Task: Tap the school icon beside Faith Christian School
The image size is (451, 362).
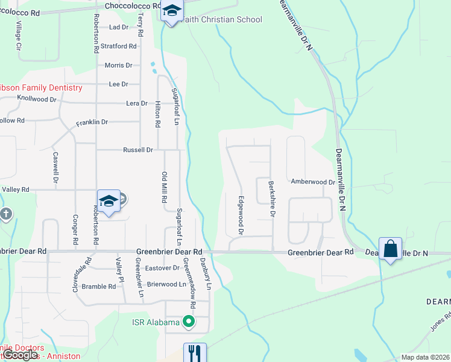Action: [172, 11]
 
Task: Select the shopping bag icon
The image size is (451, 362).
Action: [390, 248]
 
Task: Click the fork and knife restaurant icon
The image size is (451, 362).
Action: [195, 353]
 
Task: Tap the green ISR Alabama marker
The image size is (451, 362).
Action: [189, 322]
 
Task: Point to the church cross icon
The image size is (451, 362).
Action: [5, 214]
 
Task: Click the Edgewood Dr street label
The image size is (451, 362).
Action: [241, 215]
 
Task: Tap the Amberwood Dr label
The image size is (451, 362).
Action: [312, 182]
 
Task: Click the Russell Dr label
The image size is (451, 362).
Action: [138, 150]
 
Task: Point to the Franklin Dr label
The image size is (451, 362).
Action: [92, 122]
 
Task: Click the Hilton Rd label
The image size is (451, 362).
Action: [157, 113]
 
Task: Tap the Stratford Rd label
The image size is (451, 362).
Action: [118, 46]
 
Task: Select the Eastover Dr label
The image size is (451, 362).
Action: [163, 267]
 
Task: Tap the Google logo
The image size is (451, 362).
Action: [19, 355]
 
